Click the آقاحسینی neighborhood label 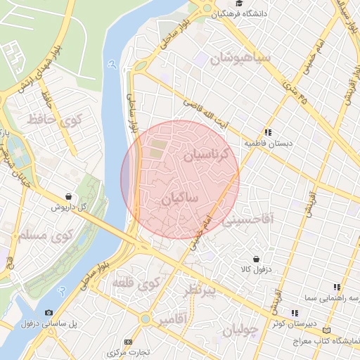pos(252,220)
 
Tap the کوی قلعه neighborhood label pos(138,285)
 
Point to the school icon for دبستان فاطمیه pos(268,131)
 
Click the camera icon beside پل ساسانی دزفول pos(49,312)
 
